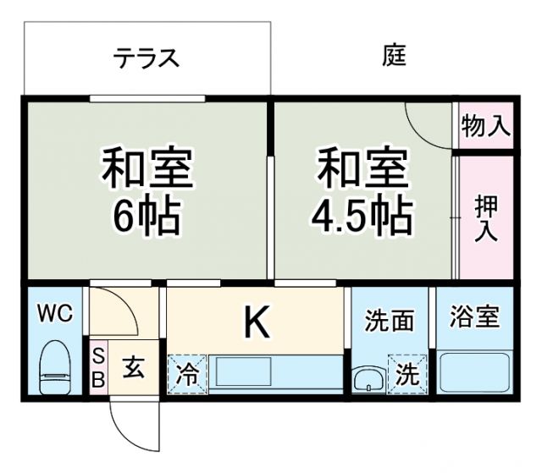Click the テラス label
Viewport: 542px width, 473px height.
click(147, 58)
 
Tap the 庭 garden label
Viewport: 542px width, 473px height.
click(394, 57)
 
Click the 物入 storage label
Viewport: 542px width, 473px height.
click(486, 127)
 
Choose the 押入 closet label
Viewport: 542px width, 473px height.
click(486, 218)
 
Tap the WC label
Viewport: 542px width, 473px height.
click(54, 314)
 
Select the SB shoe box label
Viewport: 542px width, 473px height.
click(97, 366)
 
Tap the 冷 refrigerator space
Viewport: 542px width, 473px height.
click(187, 373)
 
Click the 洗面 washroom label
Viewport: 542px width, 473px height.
click(389, 321)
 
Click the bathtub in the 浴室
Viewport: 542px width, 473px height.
click(474, 372)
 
